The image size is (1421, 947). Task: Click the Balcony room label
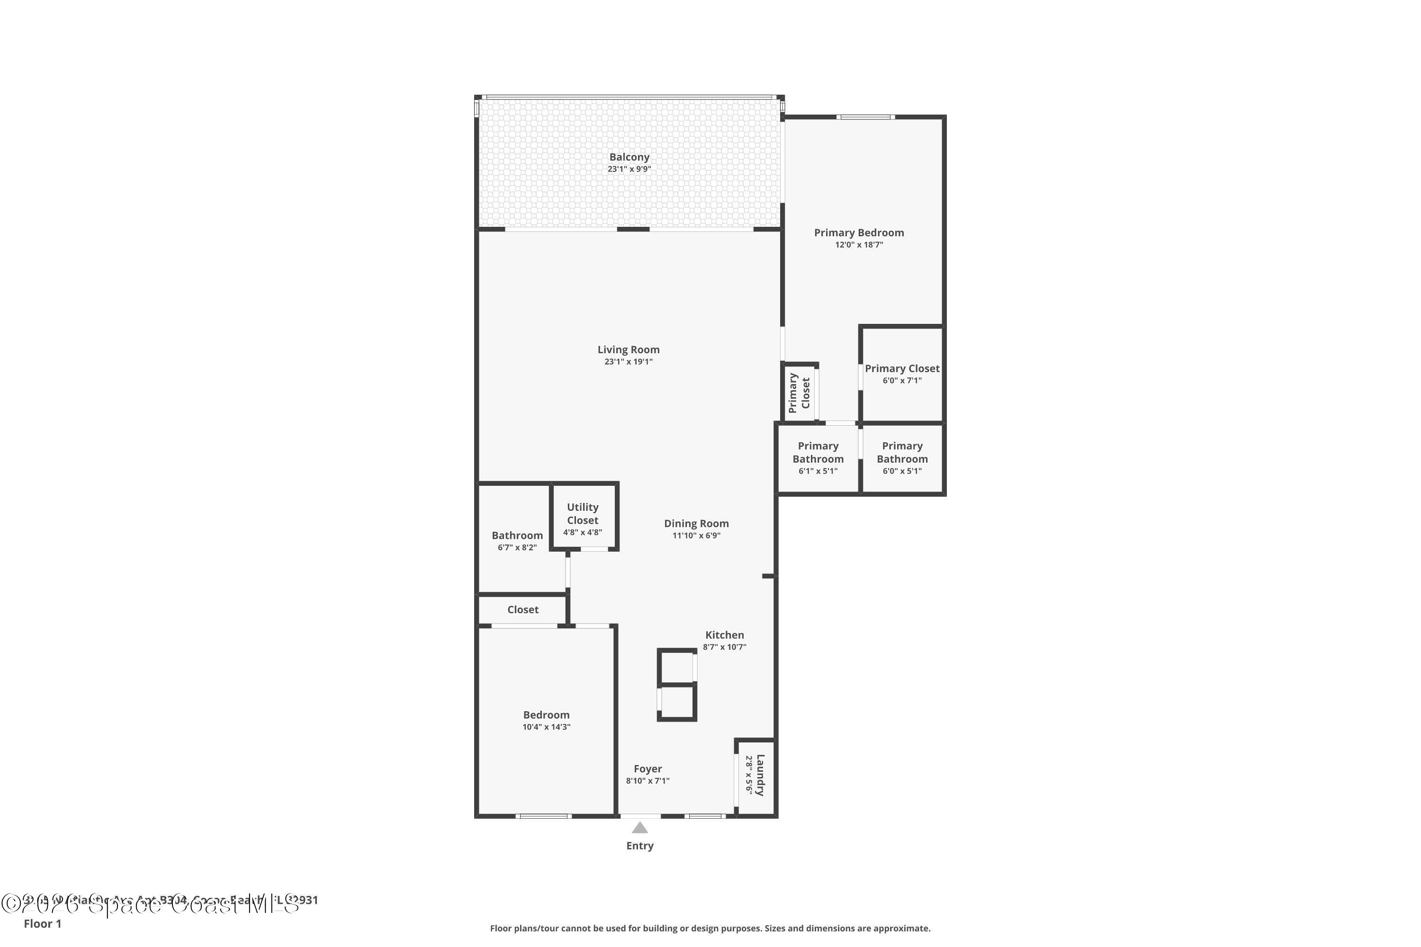629,157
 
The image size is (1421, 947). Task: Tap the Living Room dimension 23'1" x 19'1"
629,362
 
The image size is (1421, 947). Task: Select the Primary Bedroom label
858,232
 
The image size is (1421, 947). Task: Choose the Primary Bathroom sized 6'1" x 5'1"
818,458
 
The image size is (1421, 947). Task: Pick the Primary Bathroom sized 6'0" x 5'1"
901,458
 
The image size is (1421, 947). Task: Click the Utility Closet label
583,513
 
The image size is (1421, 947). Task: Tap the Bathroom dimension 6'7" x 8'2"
517,548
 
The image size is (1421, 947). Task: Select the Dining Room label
696,524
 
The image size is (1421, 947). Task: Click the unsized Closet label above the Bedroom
522,609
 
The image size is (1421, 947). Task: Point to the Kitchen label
724,635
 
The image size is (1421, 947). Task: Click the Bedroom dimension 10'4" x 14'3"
546,727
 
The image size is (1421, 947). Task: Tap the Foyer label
648,769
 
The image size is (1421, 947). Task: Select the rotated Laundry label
759,776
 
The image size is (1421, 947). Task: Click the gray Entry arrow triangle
640,828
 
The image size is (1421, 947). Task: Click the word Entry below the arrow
640,846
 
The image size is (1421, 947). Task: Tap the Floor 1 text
42,923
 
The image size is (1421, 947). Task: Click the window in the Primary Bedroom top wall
865,117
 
